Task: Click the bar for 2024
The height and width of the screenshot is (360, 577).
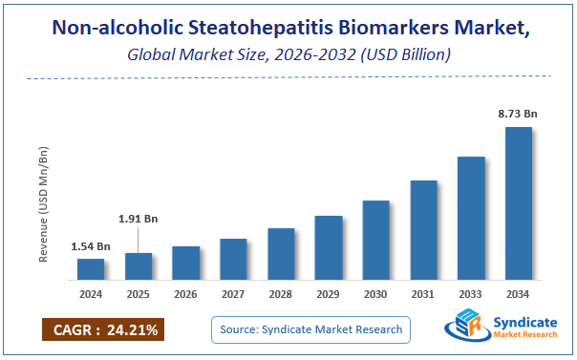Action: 91,270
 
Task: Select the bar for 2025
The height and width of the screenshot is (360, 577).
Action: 139,266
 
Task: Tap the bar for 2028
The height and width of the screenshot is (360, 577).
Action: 281,255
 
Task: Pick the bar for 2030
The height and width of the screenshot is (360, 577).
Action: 376,241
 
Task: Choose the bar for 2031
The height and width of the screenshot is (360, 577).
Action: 424,230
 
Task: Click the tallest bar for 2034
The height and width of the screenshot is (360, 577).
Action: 519,204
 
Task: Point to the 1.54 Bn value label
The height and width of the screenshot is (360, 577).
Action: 91,247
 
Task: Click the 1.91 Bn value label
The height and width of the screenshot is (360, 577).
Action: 139,219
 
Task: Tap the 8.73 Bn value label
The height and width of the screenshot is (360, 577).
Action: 519,114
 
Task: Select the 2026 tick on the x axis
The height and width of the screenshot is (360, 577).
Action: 186,294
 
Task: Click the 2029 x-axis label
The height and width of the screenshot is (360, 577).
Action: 329,294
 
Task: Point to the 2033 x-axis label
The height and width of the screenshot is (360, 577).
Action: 471,294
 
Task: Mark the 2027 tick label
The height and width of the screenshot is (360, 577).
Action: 234,294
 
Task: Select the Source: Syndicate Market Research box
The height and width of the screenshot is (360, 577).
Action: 310,330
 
